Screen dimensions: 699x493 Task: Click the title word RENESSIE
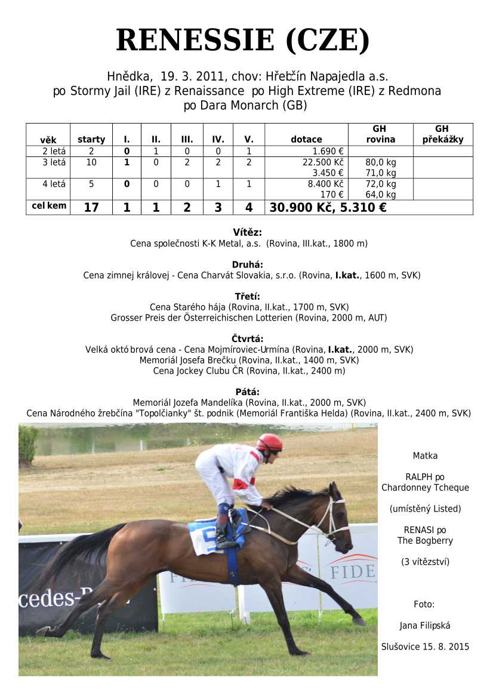[195, 41]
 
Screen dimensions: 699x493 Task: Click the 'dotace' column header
[306, 140]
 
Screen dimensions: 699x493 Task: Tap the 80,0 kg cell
[381, 162]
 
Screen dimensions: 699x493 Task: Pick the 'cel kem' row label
[48, 207]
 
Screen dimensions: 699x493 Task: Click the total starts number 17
[91, 208]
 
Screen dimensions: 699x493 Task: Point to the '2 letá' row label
[48, 152]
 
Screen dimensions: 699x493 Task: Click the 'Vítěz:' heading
[247, 233]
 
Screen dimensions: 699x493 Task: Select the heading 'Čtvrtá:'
[247, 338]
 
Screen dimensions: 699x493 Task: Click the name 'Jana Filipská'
[425, 626]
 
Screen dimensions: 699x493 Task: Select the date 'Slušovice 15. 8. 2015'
[425, 646]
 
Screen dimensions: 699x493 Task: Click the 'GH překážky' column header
[442, 134]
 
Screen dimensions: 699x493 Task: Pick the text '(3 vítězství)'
[425, 562]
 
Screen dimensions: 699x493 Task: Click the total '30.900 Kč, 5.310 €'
[328, 208]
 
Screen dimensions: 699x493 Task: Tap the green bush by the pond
[28, 445]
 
